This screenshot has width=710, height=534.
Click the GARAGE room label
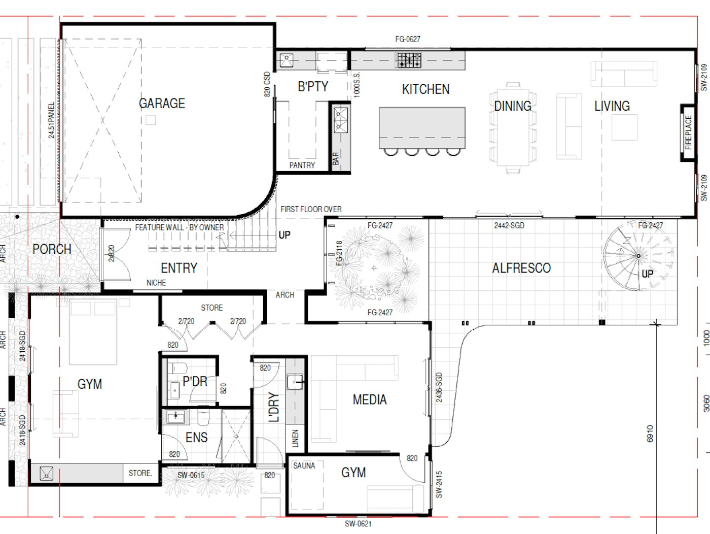pyautogui.click(x=162, y=104)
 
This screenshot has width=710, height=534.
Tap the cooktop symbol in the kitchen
pyautogui.click(x=409, y=60)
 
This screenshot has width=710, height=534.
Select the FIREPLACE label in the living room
pyautogui.click(x=688, y=132)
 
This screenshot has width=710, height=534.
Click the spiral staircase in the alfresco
pyautogui.click(x=638, y=256)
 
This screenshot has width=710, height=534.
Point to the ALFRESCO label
pyautogui.click(x=521, y=268)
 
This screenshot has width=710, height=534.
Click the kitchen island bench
pyautogui.click(x=422, y=127)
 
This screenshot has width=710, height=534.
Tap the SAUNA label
pyautogui.click(x=304, y=465)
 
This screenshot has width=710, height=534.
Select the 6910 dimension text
pyautogui.click(x=650, y=433)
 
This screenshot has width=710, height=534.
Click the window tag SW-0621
pyautogui.click(x=358, y=524)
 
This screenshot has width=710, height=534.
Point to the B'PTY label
pyautogui.click(x=313, y=87)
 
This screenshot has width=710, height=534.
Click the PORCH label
pyautogui.click(x=52, y=249)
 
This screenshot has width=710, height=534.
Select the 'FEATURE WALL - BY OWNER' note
pyautogui.click(x=179, y=227)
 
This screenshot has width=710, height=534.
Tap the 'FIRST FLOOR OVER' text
pyautogui.click(x=311, y=209)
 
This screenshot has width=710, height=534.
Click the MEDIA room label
pyautogui.click(x=370, y=400)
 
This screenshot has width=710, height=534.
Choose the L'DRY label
pyautogui.click(x=274, y=407)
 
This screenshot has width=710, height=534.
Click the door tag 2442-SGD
pyautogui.click(x=509, y=225)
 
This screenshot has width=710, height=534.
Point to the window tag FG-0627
pyautogui.click(x=408, y=39)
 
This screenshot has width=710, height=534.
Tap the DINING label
pyautogui.click(x=513, y=106)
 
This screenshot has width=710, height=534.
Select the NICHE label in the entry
pyautogui.click(x=156, y=283)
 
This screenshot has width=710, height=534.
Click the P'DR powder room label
pyautogui.click(x=195, y=381)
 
